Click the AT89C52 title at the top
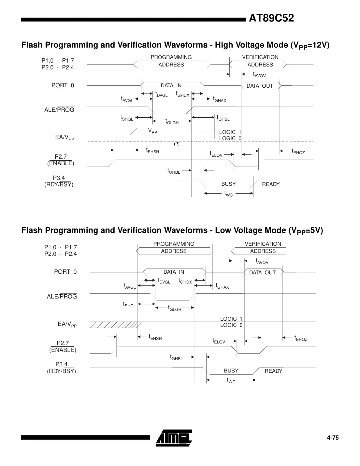[271, 18]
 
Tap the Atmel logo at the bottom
[174, 437]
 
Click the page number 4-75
[333, 438]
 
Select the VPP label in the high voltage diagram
[152, 131]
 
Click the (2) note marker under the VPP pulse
[177, 144]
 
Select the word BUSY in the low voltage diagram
[231, 371]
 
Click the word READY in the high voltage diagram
[271, 184]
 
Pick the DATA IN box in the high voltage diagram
[171, 86]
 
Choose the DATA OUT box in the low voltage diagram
[263, 272]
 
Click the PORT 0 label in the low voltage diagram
[65, 272]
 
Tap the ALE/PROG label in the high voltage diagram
[59, 110]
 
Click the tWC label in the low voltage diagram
[231, 380]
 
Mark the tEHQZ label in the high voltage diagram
[298, 152]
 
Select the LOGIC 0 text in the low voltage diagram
[231, 325]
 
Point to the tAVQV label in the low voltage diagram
[262, 261]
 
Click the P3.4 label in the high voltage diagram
[59, 178]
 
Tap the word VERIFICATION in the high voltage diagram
[260, 57]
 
